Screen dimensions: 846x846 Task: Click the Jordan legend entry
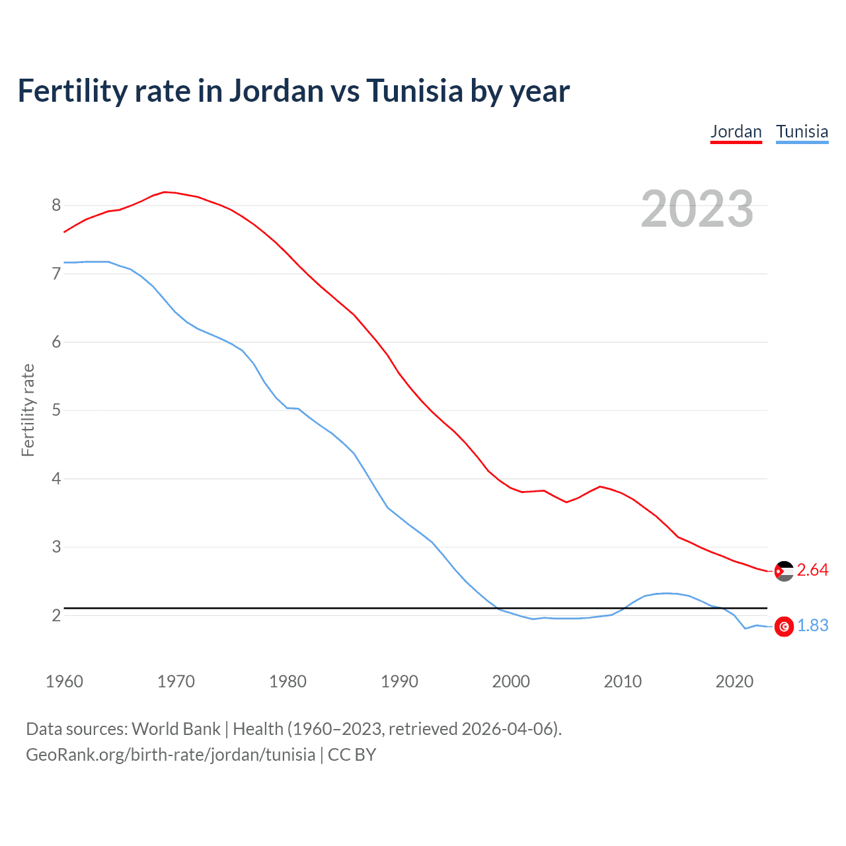click(736, 132)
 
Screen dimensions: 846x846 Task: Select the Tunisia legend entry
click(802, 132)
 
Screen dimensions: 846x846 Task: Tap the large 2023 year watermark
click(697, 209)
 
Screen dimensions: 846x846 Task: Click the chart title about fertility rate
click(293, 91)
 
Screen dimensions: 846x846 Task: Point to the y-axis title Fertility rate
click(28, 410)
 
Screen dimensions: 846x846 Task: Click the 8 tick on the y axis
click(56, 205)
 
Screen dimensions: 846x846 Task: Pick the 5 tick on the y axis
click(56, 410)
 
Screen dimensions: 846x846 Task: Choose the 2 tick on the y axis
click(56, 615)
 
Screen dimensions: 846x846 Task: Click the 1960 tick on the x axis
click(64, 681)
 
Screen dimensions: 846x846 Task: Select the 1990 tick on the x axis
click(399, 681)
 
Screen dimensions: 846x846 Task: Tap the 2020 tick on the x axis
click(734, 681)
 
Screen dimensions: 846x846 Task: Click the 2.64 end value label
click(812, 570)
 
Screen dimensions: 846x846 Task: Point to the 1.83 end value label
click(812, 625)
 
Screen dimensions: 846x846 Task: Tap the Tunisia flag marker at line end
click(784, 627)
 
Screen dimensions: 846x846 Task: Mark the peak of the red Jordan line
click(165, 192)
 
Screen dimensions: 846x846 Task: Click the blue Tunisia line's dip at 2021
click(746, 628)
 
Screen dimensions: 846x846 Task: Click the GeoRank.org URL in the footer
click(171, 755)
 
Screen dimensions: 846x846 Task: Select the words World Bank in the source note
click(176, 729)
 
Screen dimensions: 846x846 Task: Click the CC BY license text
click(352, 755)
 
